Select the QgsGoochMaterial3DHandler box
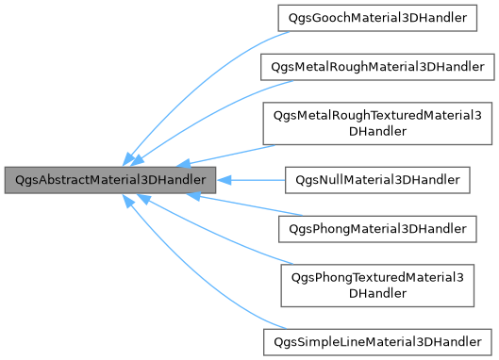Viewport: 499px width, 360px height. [x=378, y=18]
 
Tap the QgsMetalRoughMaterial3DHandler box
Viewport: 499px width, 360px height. [x=376, y=67]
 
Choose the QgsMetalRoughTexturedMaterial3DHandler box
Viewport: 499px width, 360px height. [x=377, y=123]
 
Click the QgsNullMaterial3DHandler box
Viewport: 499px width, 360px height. [x=377, y=178]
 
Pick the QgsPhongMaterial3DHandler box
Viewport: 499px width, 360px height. [x=378, y=228]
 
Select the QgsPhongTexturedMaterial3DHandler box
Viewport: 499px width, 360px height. [x=378, y=284]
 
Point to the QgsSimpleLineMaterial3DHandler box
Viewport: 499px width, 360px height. [x=377, y=339]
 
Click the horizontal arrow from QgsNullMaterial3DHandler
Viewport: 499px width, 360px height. [x=255, y=178]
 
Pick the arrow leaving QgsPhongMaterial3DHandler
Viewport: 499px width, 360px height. [x=241, y=205]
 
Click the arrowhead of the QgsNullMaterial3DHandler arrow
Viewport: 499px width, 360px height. [x=226, y=178]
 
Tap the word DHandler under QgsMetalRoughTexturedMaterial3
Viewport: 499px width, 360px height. [x=377, y=132]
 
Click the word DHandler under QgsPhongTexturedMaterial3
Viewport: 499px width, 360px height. [x=378, y=293]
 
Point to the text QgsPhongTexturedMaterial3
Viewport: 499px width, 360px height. [x=378, y=276]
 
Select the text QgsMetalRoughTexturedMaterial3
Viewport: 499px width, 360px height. [x=377, y=115]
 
